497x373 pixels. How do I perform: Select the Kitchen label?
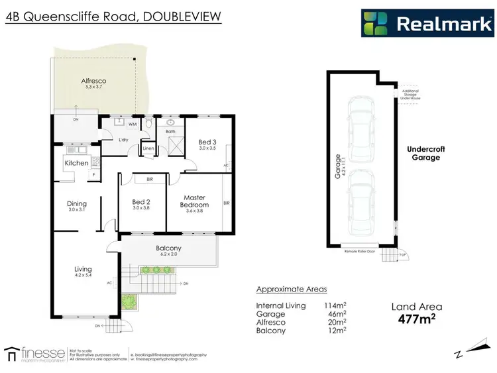[x=76, y=162]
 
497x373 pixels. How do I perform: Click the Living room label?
[x=83, y=270]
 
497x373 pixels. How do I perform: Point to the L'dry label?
[x=123, y=140]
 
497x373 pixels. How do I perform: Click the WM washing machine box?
[x=133, y=124]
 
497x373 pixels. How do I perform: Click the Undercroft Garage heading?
[x=425, y=154]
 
